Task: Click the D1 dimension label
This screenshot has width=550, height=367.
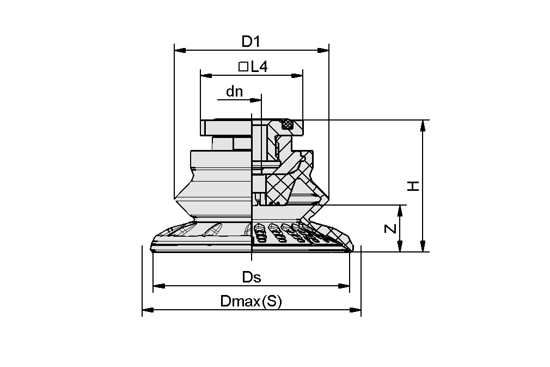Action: point(252,41)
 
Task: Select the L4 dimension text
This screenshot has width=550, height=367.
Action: point(259,67)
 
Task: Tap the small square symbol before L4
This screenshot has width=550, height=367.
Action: point(243,67)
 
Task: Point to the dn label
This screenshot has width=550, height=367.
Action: point(235,92)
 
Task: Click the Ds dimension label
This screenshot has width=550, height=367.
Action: point(252,277)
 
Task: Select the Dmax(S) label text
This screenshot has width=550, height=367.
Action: point(251,301)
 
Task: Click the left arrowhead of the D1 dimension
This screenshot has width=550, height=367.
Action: point(180,50)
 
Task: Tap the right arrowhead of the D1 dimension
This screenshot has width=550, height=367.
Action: point(323,50)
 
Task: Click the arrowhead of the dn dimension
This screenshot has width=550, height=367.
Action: point(256,100)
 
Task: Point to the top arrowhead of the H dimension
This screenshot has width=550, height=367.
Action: point(423,126)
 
